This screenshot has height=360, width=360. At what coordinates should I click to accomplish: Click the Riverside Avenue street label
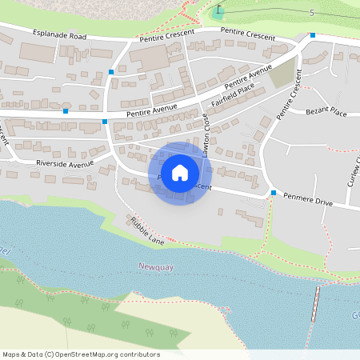65,163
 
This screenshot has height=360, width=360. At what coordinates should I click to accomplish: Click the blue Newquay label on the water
154,265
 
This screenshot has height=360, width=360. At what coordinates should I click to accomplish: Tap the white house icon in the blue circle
180,173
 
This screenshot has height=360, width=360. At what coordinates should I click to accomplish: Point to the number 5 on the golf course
311,13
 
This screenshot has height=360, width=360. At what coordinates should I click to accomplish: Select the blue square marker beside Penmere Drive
274,193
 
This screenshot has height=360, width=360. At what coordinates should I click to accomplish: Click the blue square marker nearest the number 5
313,35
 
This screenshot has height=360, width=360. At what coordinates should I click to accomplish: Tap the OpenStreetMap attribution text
81,354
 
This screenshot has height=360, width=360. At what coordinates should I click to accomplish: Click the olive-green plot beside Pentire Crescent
282,75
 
